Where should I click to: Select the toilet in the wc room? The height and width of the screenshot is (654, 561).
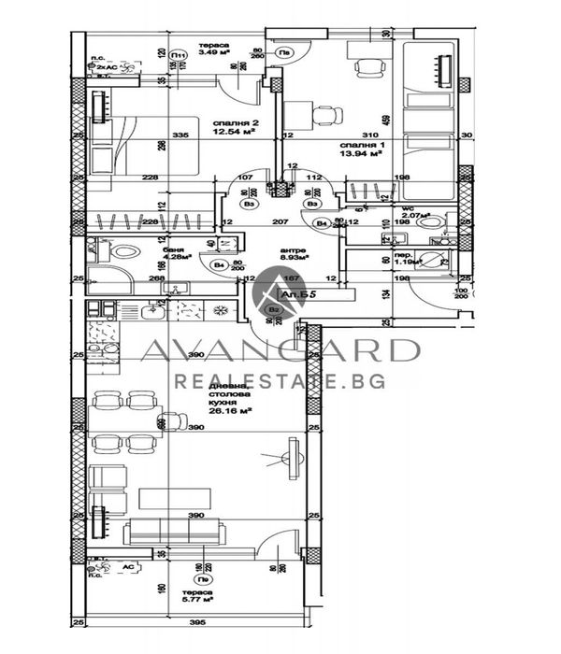point(431,224)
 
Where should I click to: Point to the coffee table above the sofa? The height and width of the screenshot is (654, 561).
point(173,498)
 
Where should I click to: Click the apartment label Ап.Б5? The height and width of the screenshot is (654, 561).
point(311,293)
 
